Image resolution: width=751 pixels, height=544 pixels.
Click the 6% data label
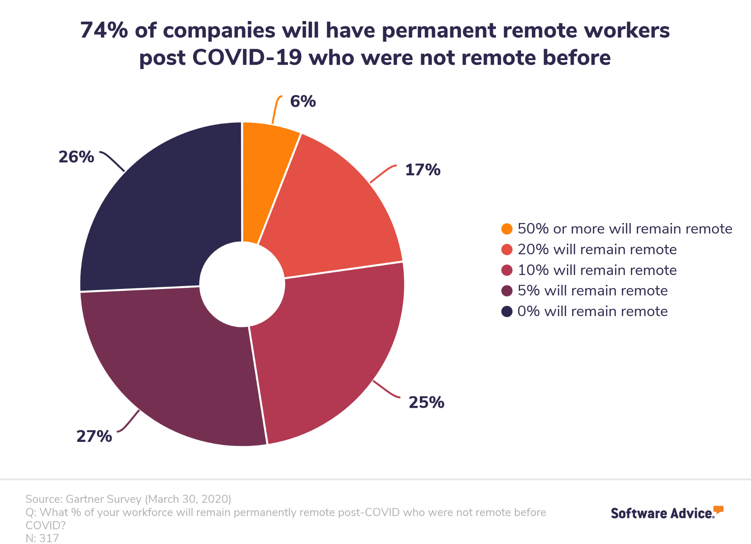(303, 101)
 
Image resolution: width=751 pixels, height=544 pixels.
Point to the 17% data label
(423, 170)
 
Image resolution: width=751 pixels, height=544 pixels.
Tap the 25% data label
(426, 402)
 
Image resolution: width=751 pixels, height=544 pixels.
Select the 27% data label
(94, 436)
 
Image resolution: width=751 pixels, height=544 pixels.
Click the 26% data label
(76, 157)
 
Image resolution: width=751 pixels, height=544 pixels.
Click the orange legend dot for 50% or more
(507, 229)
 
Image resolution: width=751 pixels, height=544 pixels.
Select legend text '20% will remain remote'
(597, 250)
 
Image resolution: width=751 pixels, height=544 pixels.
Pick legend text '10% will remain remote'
(597, 270)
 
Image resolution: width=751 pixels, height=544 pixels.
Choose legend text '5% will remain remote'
(592, 291)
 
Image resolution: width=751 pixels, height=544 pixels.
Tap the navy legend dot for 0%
(507, 312)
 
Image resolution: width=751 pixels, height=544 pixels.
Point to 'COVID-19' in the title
(247, 58)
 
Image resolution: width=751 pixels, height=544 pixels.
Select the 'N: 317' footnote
(42, 538)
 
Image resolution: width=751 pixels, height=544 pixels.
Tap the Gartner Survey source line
(128, 499)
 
